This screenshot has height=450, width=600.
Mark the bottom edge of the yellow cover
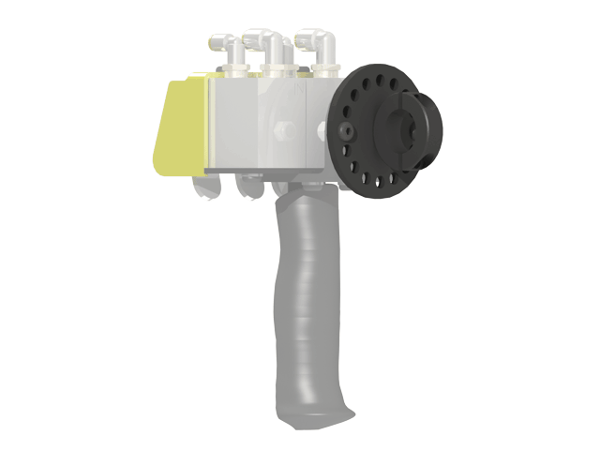point(173,173)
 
